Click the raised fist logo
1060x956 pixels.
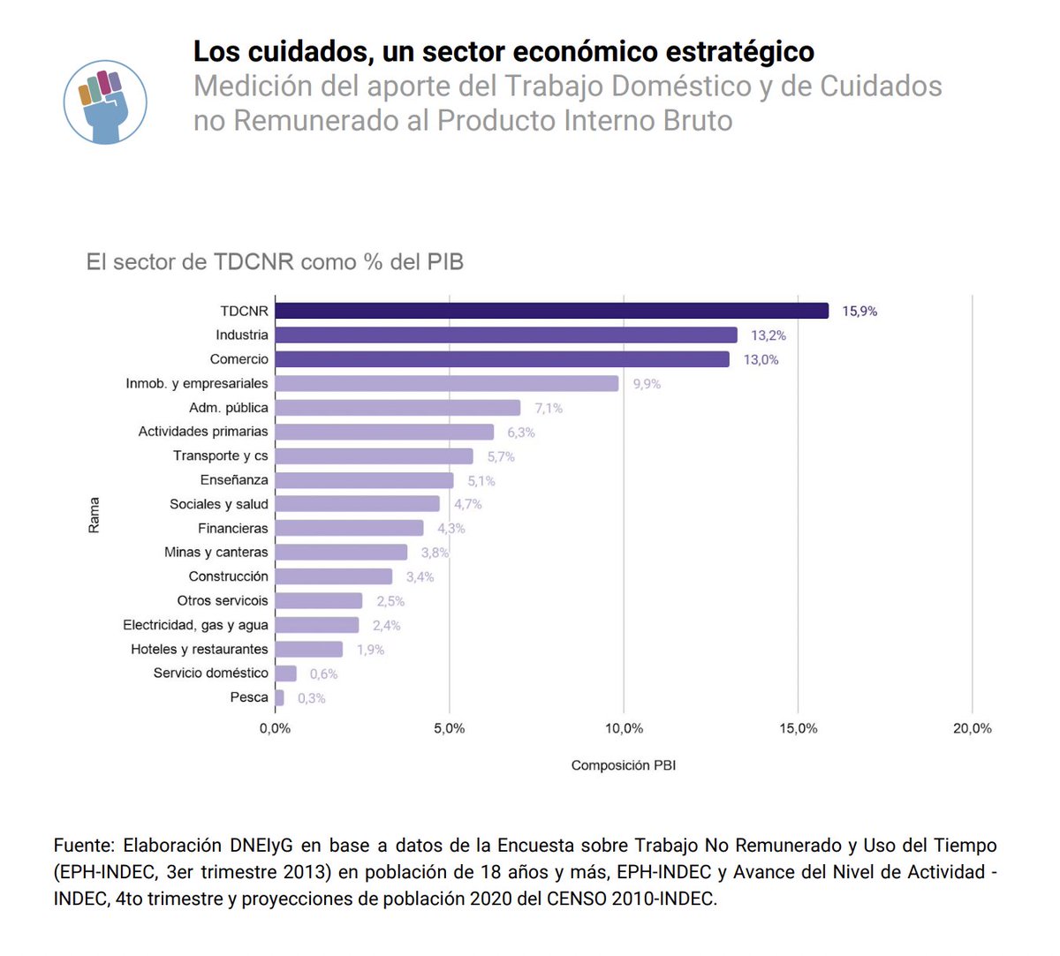pos(105,102)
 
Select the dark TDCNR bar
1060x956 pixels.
pos(551,311)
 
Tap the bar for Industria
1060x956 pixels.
pos(505,335)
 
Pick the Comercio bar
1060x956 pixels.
pos(502,359)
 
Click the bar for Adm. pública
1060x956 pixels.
pos(397,408)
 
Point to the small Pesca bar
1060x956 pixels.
pos(280,697)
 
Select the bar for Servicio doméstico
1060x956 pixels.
pos(285,674)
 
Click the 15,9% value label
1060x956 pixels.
pos(859,312)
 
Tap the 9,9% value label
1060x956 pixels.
pos(646,384)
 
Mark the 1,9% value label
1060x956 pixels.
pos(370,650)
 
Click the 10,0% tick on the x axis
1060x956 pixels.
pos(624,729)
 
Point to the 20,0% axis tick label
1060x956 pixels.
pos(972,729)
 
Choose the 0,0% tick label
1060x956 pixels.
pos(275,729)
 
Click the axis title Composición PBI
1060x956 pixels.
pos(623,765)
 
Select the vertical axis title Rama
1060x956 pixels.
pos(94,515)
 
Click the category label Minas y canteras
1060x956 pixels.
pos(216,553)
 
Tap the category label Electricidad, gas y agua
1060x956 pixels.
pos(195,625)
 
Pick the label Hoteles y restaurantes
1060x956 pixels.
pos(199,649)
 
